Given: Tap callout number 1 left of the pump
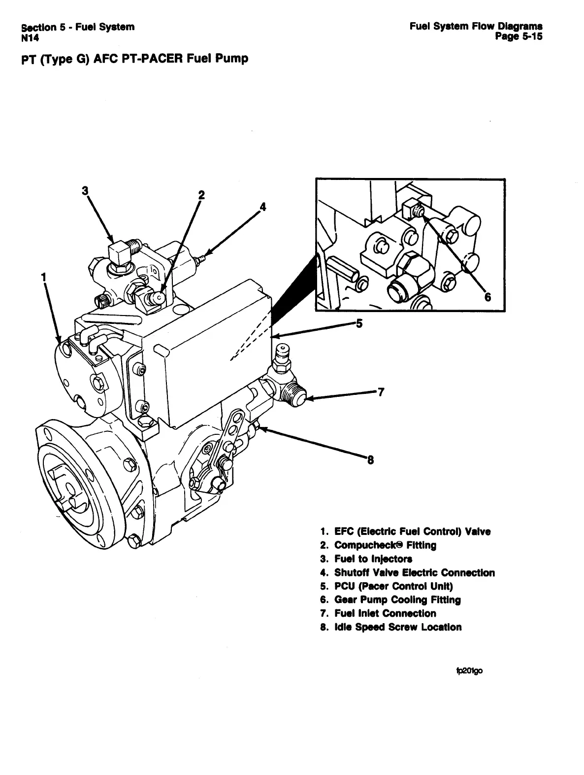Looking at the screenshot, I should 44,277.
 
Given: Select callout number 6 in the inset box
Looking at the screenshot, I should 488,297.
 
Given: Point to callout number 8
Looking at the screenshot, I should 370,461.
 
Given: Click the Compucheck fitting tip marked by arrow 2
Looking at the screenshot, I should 159,297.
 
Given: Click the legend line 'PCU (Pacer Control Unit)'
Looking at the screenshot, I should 393,586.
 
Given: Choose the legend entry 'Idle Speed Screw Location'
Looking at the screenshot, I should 397,627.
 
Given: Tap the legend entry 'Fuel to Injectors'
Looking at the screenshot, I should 373,559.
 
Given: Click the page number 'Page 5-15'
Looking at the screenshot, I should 519,36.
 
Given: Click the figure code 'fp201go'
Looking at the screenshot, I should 470,670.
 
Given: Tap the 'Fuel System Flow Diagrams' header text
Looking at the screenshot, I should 476,26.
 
